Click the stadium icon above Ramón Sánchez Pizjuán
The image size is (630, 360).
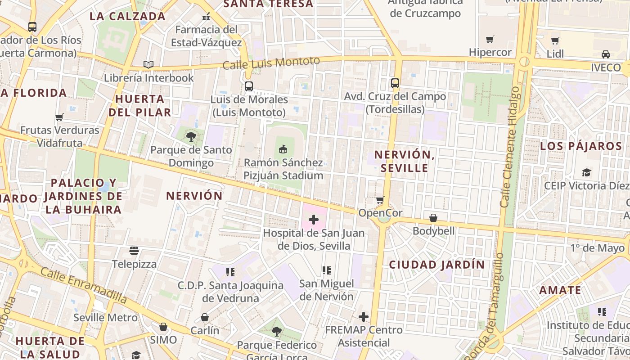coord(283,148)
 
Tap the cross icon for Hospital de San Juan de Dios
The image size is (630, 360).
coord(314,220)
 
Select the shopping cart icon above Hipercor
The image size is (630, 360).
coord(490,39)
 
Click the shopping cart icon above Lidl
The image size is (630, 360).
coord(555,40)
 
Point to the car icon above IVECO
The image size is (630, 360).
coord(606,54)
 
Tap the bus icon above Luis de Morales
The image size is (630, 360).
coord(248,86)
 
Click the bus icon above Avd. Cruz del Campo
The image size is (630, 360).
coord(395,83)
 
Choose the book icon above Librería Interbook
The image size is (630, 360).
coord(148,65)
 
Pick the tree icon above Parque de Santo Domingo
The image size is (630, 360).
coord(191,136)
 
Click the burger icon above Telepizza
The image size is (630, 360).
coord(134,250)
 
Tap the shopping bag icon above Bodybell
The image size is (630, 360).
coord(433,218)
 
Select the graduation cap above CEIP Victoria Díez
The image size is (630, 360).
coord(586,172)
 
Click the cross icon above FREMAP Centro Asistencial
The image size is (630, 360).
coord(364,317)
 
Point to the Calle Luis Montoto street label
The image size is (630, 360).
coord(271,63)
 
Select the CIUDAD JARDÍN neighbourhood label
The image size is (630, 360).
coord(437,265)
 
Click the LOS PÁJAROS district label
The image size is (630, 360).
coord(581,146)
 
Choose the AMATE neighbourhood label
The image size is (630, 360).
coord(560,290)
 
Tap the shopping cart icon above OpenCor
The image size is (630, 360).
coord(380,199)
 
